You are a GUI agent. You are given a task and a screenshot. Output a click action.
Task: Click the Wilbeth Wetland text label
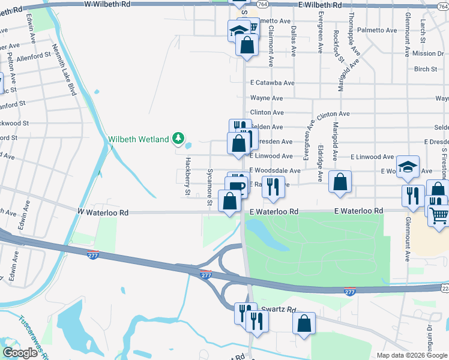(138, 140)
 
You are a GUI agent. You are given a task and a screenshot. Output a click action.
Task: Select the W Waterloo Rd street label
(103, 212)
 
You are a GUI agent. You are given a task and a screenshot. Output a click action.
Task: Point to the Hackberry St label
(187, 176)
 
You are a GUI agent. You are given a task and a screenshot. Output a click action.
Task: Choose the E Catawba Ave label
(272, 83)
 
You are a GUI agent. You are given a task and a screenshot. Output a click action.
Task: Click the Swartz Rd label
(281, 310)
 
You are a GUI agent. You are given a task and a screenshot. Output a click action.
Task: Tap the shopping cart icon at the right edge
(440, 215)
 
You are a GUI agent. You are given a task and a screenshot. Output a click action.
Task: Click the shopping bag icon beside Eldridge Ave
(340, 184)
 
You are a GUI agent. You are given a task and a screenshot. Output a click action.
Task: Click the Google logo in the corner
(20, 353)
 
